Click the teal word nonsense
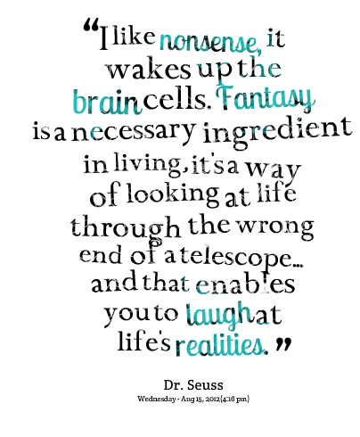click(210, 42)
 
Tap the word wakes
click(149, 70)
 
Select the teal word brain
click(107, 102)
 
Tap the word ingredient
click(277, 132)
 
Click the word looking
click(173, 195)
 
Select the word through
click(126, 227)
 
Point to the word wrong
click(276, 227)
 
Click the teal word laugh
click(218, 315)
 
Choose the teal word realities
click(220, 344)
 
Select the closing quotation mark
click(282, 343)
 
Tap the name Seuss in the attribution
click(205, 385)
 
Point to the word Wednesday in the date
click(157, 399)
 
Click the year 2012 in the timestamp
click(213, 399)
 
